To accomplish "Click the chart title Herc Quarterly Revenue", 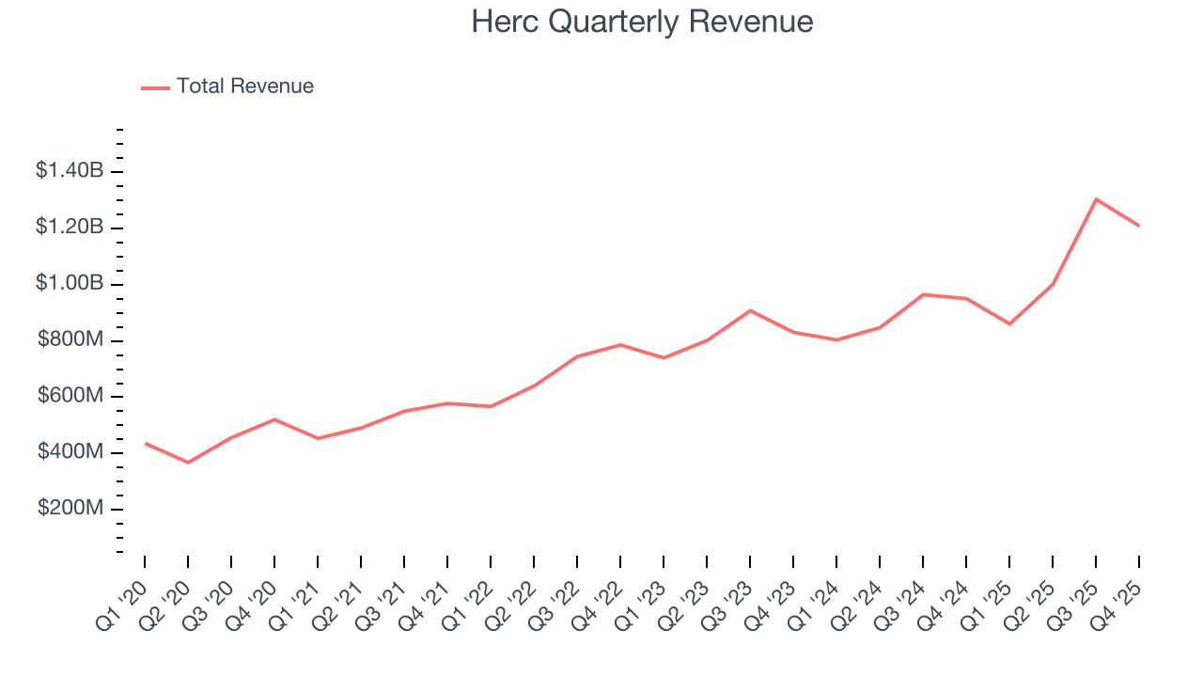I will click(x=642, y=22).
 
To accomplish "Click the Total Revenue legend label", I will click(x=244, y=87).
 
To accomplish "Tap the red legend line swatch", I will click(x=155, y=87).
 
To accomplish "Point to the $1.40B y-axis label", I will click(x=70, y=171).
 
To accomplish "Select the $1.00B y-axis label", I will click(x=70, y=284).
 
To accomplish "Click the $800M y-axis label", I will click(x=70, y=340).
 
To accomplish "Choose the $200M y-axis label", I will click(x=70, y=509).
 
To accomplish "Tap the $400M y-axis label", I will click(x=70, y=452).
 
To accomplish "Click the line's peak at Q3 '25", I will click(x=1096, y=199).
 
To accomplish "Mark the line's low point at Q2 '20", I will click(x=188, y=463).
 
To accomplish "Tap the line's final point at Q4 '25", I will click(x=1139, y=226).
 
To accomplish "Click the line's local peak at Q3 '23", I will click(x=750, y=310).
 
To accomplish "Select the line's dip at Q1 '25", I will click(x=1009, y=323).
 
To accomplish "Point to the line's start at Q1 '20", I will click(x=145, y=443).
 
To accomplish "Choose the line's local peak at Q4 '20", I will click(x=274, y=419).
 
